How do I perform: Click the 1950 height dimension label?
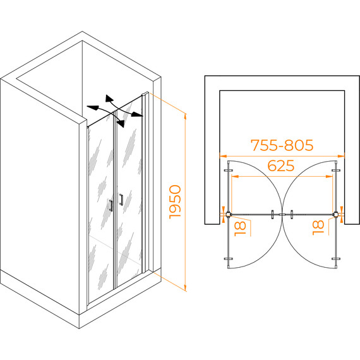(176, 202)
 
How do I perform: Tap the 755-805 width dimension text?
(282, 145)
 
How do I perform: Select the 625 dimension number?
(281, 165)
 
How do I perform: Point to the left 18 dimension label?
(240, 229)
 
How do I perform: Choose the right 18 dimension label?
(318, 227)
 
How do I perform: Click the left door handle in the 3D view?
(111, 205)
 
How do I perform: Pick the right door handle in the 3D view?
(121, 200)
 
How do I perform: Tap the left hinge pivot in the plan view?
(228, 215)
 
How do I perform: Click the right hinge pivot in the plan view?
(336, 215)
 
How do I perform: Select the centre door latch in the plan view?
(282, 215)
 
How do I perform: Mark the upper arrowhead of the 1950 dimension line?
(186, 117)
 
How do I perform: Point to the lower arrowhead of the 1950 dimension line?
(186, 288)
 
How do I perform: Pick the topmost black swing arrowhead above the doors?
(109, 98)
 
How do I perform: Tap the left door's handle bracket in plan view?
(272, 215)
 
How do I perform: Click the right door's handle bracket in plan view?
(292, 215)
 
